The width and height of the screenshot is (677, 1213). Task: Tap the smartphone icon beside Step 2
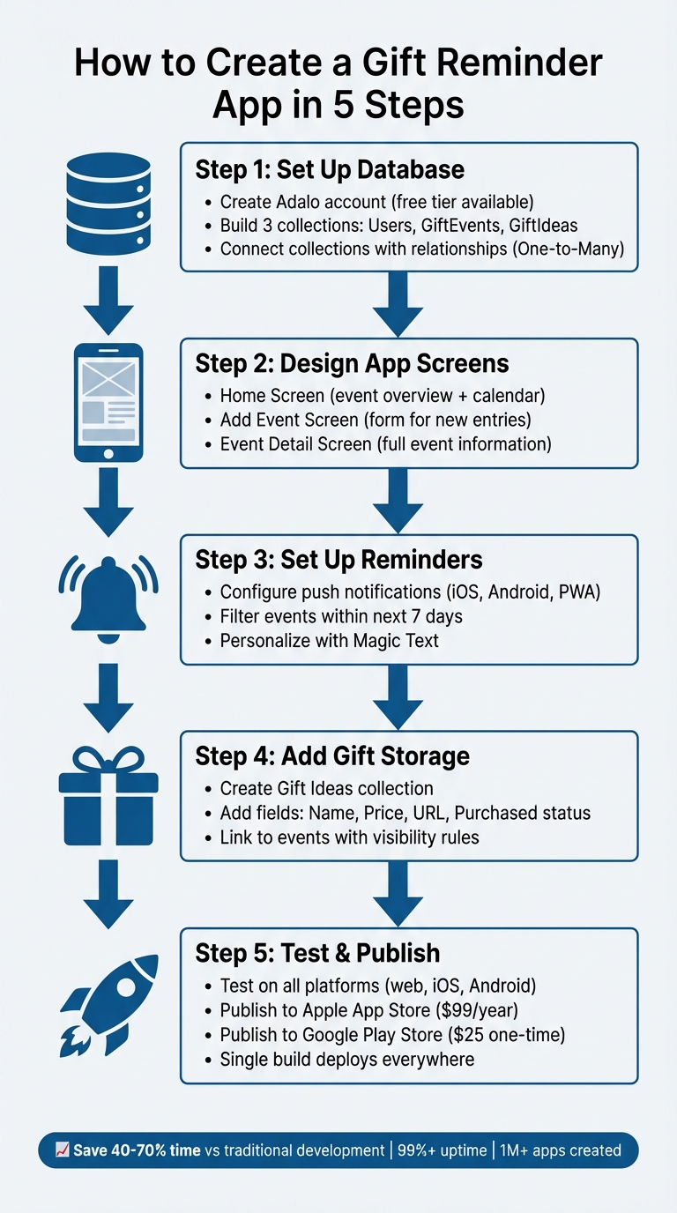(108, 402)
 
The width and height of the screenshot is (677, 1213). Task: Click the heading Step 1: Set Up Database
(330, 169)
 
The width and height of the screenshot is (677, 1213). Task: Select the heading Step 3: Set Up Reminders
(338, 560)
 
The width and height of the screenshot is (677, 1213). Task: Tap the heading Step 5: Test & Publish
(316, 953)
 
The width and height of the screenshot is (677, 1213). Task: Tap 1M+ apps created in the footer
(560, 1150)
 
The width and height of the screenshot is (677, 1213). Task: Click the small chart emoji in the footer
(62, 1150)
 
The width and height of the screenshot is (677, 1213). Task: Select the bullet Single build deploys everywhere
(347, 1059)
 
